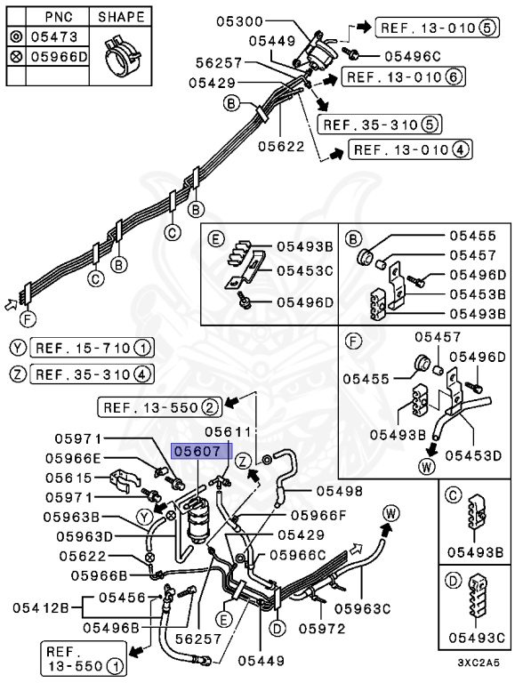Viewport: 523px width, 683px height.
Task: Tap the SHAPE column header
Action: click(121, 17)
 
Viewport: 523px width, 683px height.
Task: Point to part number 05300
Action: click(240, 21)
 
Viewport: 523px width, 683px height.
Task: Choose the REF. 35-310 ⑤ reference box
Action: click(379, 125)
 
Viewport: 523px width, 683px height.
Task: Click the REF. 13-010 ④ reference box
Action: click(410, 149)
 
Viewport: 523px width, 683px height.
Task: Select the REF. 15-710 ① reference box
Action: click(92, 348)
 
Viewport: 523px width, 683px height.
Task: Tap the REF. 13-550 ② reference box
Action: click(160, 407)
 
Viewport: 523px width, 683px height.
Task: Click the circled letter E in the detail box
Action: click(216, 238)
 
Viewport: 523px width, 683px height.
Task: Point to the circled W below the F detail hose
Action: click(426, 467)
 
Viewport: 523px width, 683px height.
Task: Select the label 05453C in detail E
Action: click(305, 271)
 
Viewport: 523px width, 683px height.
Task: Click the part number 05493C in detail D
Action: click(477, 638)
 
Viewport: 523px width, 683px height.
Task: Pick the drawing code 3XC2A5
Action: click(479, 663)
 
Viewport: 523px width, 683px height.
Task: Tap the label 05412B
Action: click(41, 607)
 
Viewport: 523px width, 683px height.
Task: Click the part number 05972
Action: click(322, 628)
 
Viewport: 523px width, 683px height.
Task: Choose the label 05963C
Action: click(363, 608)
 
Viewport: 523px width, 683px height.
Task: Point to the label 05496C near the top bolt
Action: click(413, 56)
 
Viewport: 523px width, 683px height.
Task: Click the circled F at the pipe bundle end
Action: click(28, 320)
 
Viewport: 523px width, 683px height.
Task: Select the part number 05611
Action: click(229, 431)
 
